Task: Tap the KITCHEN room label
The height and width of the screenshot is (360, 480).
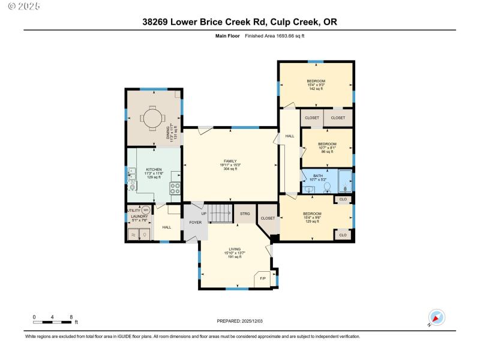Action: [154, 170]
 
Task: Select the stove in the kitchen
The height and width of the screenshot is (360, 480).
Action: [176, 188]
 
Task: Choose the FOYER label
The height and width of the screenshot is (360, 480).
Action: [195, 223]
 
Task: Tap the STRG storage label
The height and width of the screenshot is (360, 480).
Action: [245, 214]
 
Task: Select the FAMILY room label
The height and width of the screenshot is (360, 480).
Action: [230, 161]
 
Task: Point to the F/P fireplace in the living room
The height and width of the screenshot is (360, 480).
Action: [263, 279]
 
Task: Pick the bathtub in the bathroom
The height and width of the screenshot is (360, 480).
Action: [345, 181]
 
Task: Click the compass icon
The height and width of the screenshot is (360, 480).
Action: [437, 317]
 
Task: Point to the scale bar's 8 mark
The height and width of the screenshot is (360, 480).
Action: [71, 317]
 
